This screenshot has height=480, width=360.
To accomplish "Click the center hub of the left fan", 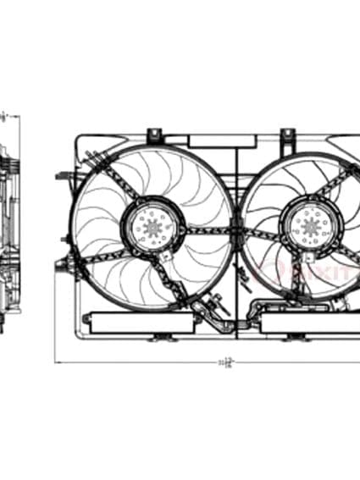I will pos(153,225).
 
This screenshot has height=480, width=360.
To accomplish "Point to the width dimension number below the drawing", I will pos(225,362).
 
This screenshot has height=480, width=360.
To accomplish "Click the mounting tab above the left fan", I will pos(154,135).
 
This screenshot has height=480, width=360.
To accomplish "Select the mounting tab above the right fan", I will pos(288,135).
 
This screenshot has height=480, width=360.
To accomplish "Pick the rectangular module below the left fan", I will pos(140,323).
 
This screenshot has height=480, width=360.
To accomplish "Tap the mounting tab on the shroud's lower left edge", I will pos(60,266).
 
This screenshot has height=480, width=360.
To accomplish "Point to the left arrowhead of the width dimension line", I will pos(58,363).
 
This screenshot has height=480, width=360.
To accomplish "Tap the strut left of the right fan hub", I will pos(263,234).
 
